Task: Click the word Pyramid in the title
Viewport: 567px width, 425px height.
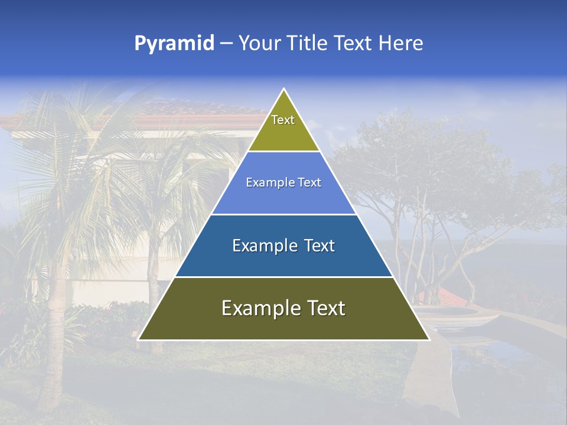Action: [174, 44]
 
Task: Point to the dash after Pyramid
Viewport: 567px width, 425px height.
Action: [226, 44]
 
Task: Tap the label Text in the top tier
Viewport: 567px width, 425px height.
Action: [283, 120]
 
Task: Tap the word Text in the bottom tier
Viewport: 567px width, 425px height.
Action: [324, 308]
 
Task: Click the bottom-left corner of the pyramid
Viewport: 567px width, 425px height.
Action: [139, 339]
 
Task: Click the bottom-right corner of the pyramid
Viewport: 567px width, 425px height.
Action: [429, 339]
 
